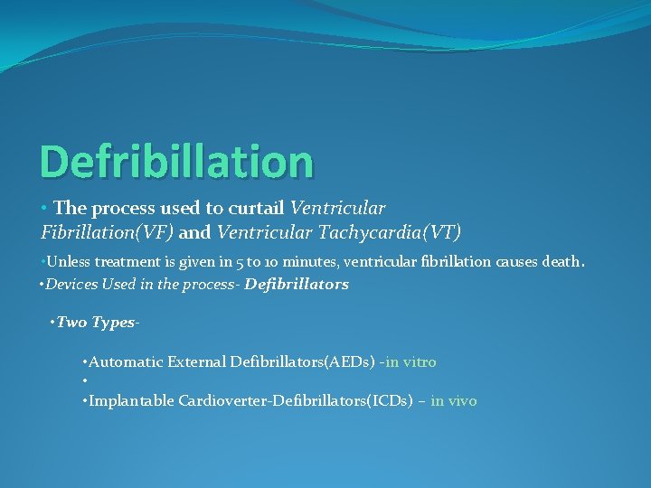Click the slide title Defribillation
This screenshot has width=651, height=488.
(x=176, y=161)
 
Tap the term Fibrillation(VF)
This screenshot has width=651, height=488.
(x=108, y=233)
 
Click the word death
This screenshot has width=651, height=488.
(x=562, y=262)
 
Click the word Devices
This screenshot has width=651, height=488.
(x=70, y=285)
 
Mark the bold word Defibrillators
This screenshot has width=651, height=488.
(x=297, y=285)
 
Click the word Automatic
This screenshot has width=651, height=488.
(x=127, y=362)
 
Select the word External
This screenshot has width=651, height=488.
(x=197, y=362)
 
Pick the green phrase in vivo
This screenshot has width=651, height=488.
(x=454, y=401)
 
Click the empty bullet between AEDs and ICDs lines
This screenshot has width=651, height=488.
(x=83, y=381)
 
